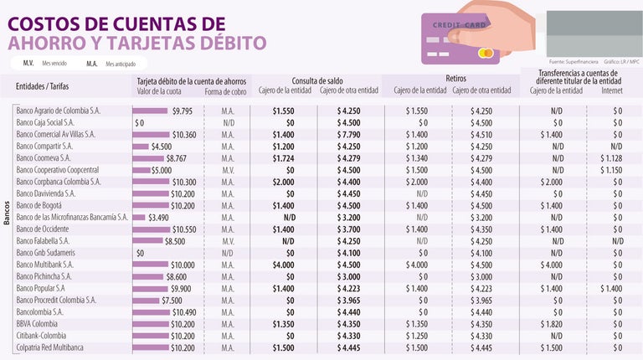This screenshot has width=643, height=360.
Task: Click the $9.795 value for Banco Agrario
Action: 182,111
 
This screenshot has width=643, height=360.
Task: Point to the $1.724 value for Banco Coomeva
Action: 283,157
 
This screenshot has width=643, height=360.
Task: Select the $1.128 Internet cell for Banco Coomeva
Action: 611,157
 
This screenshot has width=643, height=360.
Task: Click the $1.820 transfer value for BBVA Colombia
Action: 550,323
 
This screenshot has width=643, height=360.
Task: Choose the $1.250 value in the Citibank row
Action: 416,336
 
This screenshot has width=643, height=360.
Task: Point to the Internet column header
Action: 611,90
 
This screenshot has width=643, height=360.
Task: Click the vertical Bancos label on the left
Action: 7,223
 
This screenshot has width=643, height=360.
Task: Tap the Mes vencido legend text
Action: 54,64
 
